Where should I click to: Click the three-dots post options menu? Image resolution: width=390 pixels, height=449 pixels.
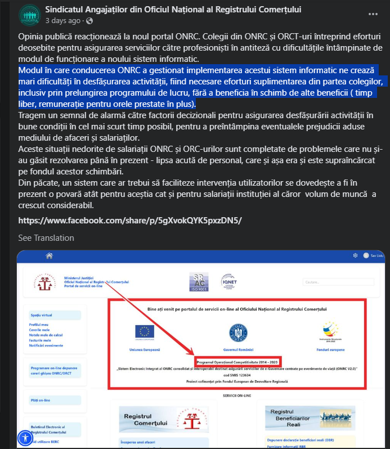coord(373,14)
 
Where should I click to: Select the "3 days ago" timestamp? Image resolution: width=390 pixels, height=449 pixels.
coord(62,21)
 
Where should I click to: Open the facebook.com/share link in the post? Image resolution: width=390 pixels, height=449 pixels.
coord(130,221)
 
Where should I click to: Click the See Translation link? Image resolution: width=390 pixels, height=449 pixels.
coord(46,238)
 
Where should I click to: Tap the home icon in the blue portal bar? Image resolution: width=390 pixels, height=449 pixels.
coord(50,255)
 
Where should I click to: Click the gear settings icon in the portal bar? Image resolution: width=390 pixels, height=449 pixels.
coord(355,255)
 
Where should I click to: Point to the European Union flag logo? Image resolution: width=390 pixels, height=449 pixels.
coord(144,331)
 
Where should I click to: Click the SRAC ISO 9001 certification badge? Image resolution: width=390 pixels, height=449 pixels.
coord(199,281)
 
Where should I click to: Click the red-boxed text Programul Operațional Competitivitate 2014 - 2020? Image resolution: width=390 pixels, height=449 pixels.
coord(238,361)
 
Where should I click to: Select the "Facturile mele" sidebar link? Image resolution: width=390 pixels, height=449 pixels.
coord(40,340)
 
